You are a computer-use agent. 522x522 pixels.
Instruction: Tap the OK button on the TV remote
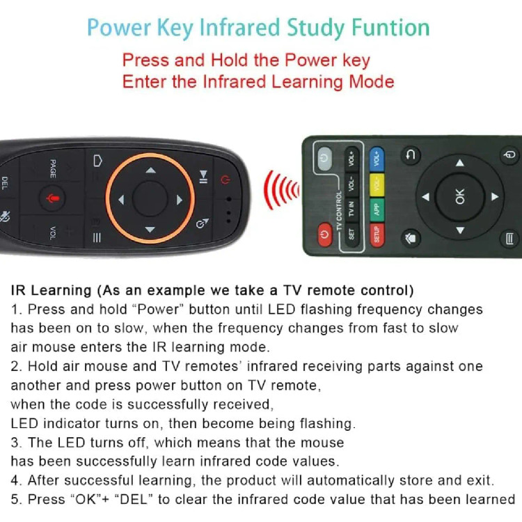[460, 197]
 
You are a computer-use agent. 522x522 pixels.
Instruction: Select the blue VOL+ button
[377, 159]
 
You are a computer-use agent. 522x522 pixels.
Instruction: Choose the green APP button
[377, 210]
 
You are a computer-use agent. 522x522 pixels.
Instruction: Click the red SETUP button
[377, 235]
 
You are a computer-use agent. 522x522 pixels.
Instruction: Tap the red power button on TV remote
[324, 235]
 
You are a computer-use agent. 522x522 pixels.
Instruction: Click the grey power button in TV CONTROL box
[324, 157]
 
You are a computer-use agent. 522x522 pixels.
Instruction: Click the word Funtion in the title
[391, 27]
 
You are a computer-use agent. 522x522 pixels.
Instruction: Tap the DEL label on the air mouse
[5, 183]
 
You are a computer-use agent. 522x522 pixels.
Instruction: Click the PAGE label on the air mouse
[53, 168]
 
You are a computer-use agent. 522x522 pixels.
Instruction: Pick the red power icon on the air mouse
[226, 180]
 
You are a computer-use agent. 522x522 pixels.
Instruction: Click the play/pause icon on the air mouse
[203, 177]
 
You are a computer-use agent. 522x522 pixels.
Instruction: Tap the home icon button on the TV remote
[411, 238]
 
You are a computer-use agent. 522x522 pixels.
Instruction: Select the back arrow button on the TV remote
[411, 155]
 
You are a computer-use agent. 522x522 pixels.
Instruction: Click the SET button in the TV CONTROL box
[351, 235]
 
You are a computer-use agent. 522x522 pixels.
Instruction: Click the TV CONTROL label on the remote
[339, 211]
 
